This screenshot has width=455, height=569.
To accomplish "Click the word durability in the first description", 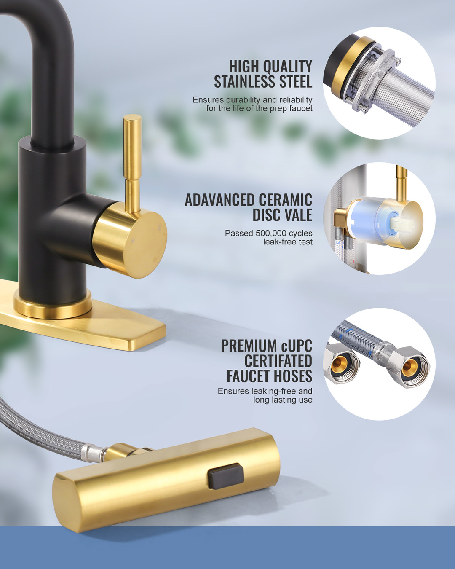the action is tap(243, 100).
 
